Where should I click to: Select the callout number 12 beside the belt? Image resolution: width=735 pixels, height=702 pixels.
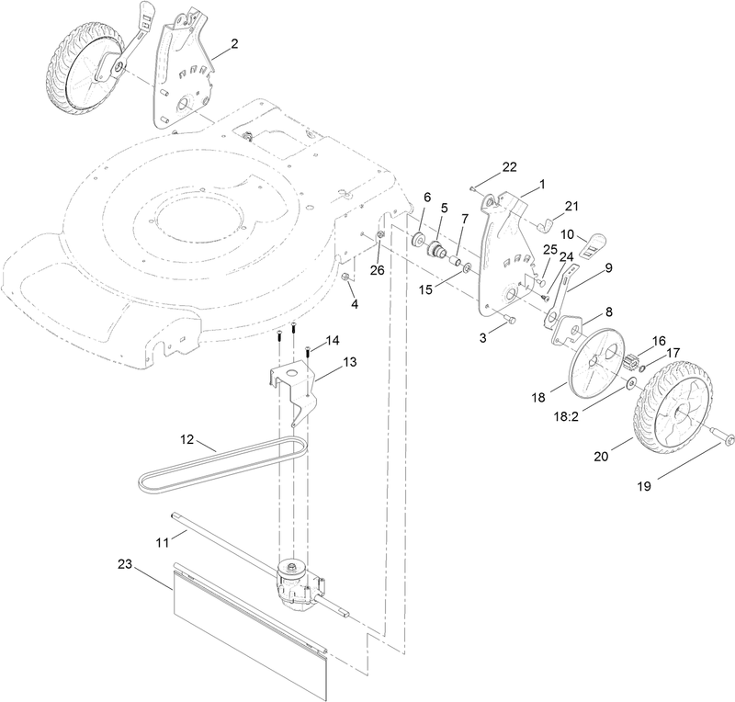187,440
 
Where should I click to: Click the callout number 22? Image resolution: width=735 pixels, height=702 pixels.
508,166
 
